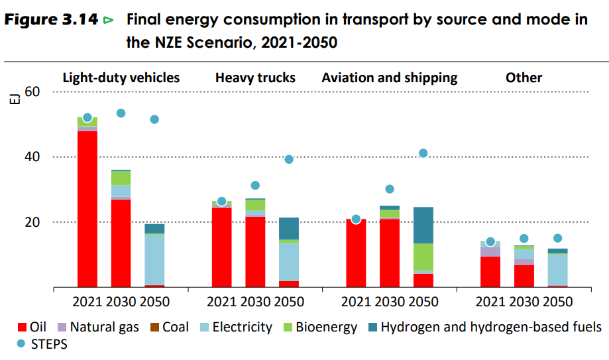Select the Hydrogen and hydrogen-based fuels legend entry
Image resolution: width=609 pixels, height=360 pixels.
coord(490,327)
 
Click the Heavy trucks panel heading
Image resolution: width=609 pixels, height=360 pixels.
coord(255,78)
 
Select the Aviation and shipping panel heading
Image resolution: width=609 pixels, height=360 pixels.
coord(390,78)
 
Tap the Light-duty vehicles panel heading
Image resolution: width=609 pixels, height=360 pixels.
coord(121,78)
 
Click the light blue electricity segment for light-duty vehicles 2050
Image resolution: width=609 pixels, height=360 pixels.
coord(154,259)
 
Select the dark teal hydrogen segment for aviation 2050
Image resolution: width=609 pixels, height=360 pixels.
coord(423,225)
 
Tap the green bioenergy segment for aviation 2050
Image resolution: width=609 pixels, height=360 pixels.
coord(423,257)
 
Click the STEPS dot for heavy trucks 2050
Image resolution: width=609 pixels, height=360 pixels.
coord(289,159)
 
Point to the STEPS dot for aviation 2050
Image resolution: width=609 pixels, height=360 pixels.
coord(423,153)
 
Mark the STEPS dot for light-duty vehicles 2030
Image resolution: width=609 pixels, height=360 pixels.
coord(121,113)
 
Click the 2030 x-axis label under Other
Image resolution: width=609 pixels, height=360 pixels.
coord(524,302)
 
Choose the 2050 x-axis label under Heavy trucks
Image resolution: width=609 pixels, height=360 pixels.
coord(289,302)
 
